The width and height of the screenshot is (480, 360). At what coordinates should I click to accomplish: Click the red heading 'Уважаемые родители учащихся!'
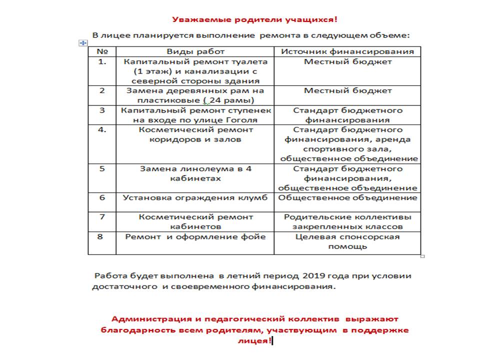254,20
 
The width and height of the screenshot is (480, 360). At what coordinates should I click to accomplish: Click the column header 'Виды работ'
195,51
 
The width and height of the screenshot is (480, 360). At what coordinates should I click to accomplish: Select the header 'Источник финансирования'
347,51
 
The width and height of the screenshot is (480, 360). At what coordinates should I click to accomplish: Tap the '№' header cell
102,51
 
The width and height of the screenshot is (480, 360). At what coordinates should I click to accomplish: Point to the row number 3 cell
102,110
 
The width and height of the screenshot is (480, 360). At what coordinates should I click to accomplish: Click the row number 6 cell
102,197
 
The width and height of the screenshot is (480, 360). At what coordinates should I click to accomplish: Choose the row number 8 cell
102,236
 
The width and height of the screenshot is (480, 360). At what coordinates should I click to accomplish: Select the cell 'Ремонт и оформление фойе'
195,236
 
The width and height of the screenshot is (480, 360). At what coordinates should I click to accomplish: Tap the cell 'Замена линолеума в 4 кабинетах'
195,173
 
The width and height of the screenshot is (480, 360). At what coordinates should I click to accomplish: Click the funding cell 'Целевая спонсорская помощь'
347,241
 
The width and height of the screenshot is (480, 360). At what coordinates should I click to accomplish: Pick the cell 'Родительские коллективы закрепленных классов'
347,222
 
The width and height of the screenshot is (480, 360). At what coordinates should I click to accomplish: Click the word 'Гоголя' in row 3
242,120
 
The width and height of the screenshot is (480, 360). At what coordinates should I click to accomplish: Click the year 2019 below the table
316,276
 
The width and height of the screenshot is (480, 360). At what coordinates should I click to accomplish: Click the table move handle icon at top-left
83,43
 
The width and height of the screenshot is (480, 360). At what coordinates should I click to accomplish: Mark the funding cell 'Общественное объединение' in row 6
347,197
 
